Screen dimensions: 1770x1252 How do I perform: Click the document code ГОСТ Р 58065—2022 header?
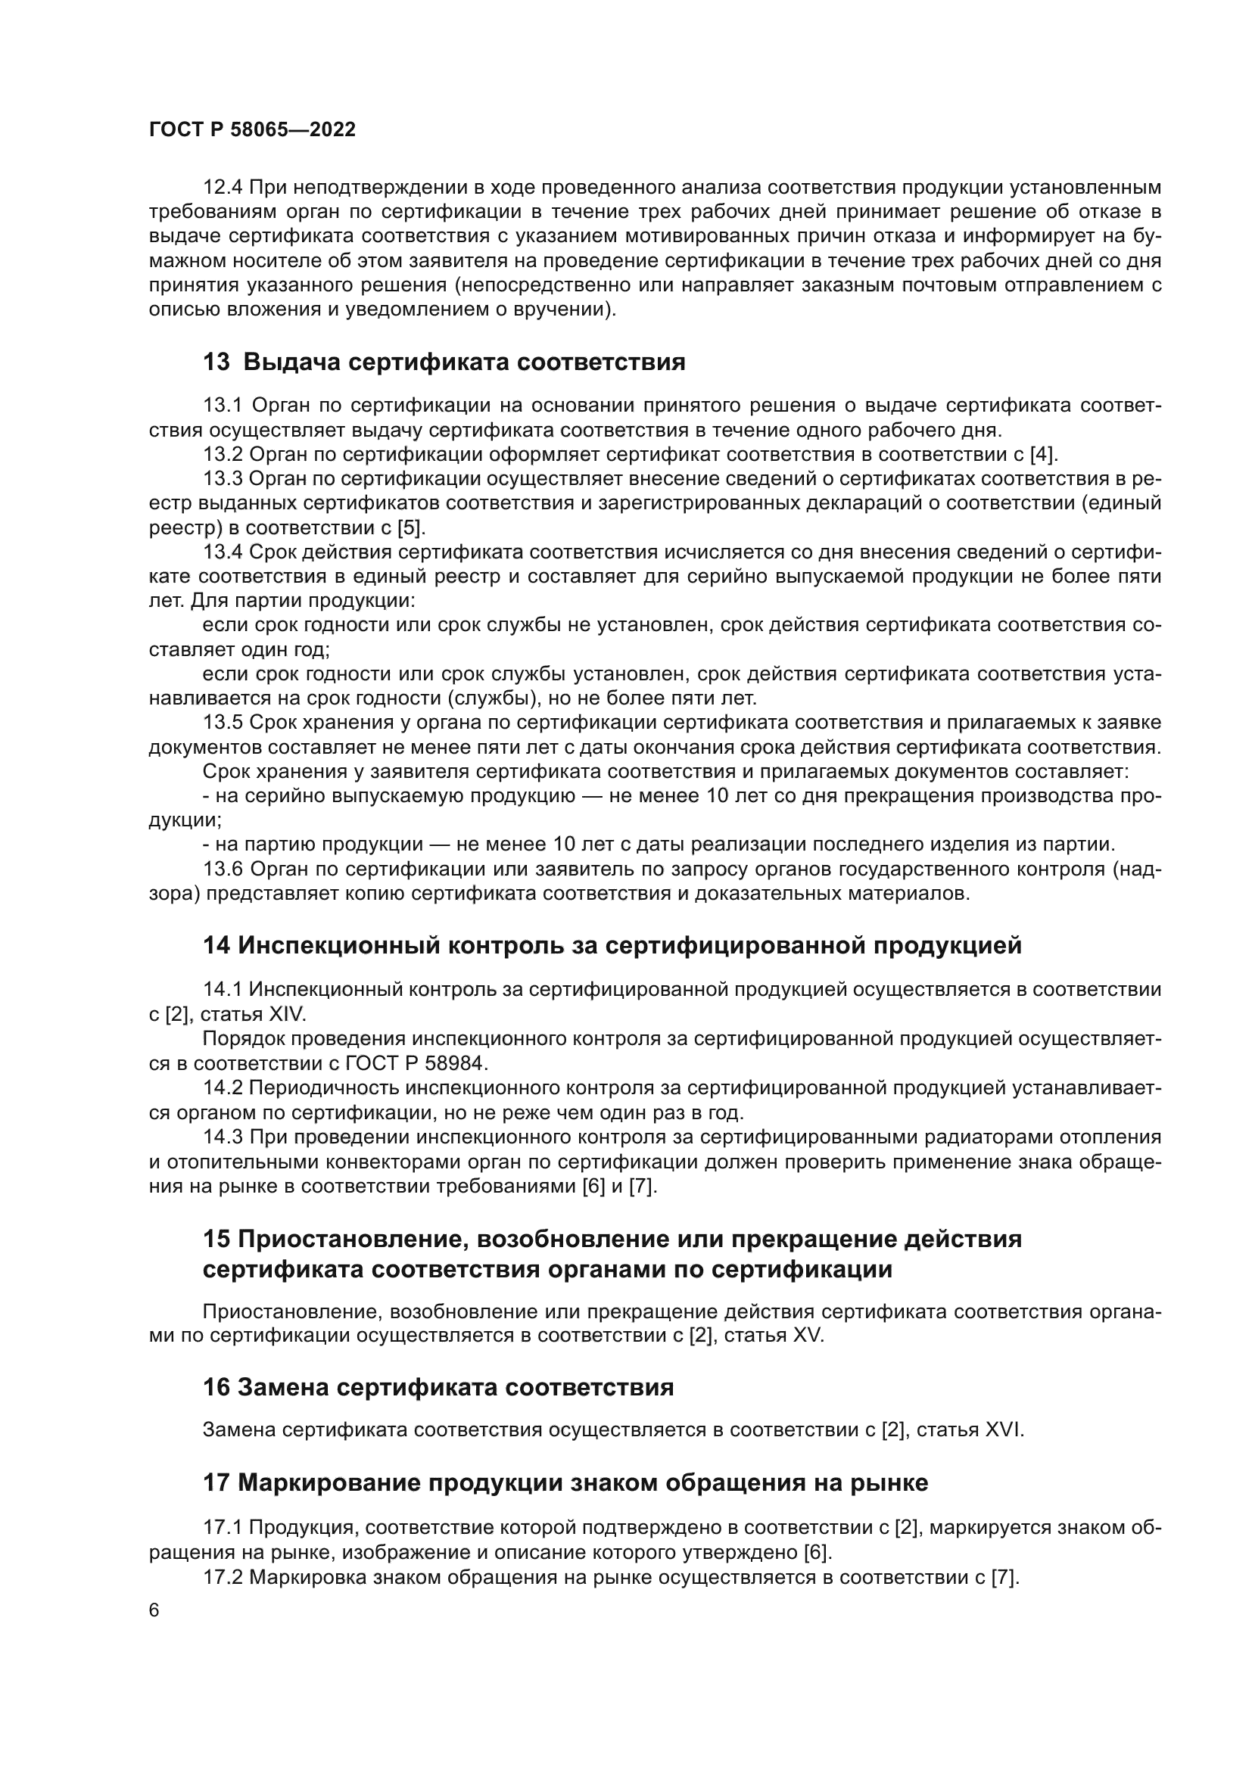point(252,129)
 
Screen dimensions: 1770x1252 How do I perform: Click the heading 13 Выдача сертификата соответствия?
point(444,362)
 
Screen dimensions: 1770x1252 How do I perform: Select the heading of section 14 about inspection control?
point(612,945)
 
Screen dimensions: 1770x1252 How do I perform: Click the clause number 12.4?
point(223,188)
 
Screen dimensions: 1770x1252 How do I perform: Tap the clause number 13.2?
point(223,454)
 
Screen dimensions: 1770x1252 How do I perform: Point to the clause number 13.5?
point(223,723)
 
